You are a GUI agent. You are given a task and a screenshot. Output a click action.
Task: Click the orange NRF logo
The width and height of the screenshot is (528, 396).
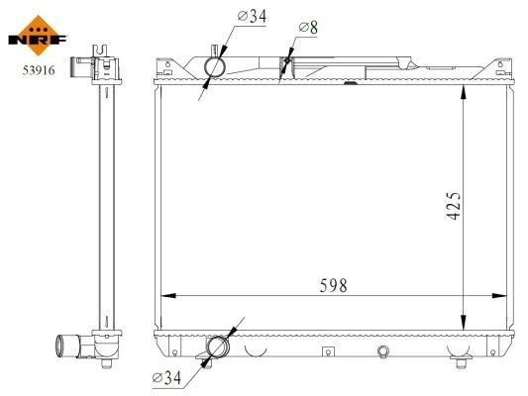[x=38, y=36]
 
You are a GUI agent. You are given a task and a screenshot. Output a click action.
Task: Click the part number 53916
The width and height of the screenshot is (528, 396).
[x=39, y=70]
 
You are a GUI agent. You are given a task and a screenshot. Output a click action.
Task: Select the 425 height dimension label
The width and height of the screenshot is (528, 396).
[x=454, y=206]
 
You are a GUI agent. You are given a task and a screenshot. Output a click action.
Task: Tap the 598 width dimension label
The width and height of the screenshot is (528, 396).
[x=333, y=286]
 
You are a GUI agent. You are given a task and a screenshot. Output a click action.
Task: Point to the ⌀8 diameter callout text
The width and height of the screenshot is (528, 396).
[x=308, y=28]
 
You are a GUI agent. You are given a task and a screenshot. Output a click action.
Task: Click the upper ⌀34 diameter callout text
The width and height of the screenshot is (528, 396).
[x=252, y=16]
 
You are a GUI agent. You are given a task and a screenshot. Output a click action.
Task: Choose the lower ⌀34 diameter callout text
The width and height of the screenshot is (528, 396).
[x=166, y=378]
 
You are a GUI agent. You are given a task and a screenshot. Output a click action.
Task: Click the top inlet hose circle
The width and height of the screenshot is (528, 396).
[x=215, y=67]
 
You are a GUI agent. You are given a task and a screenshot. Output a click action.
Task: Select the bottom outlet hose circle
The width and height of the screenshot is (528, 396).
[x=218, y=346]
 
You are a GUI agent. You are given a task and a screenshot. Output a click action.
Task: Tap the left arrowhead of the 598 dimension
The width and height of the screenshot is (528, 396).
[x=168, y=296]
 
